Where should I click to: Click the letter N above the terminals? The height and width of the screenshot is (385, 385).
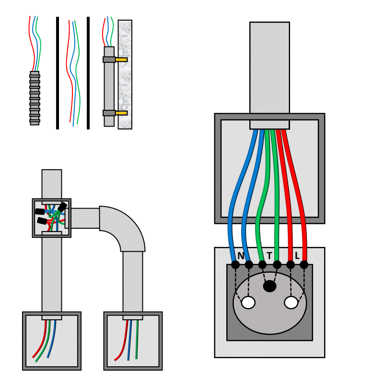click(x=241, y=255)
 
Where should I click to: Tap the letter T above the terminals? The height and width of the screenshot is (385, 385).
click(x=269, y=255)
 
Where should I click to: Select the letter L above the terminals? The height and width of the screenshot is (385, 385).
click(x=298, y=255)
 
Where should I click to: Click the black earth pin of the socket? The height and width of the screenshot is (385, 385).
click(x=270, y=286)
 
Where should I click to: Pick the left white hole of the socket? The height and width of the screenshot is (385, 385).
click(x=248, y=303)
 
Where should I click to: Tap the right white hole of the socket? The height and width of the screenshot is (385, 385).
click(x=291, y=303)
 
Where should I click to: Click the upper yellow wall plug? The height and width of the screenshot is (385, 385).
click(x=122, y=60)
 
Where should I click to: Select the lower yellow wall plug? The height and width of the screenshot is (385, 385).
click(x=122, y=113)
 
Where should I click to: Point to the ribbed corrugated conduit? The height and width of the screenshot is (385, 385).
click(x=35, y=98)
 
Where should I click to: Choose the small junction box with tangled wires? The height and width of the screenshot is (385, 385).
click(x=51, y=218)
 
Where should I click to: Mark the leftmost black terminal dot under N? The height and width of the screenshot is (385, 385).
click(x=235, y=265)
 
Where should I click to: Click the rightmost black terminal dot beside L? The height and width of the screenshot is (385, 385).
click(x=304, y=265)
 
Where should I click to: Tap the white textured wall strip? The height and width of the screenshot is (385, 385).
click(x=125, y=74)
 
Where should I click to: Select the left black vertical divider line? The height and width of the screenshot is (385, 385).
click(x=58, y=73)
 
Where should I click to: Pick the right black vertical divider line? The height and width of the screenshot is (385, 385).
click(x=88, y=73)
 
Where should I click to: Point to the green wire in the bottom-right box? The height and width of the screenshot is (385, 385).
click(x=137, y=340)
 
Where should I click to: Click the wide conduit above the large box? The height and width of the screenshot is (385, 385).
click(x=269, y=67)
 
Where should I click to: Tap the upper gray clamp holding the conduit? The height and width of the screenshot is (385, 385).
click(x=109, y=60)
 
